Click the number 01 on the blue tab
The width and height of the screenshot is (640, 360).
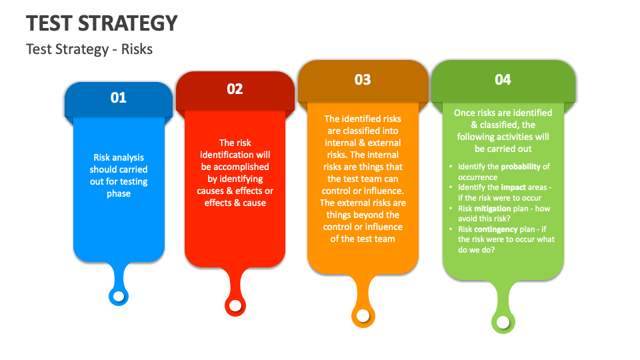[x=118, y=97]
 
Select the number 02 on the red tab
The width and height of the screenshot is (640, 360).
[x=235, y=89]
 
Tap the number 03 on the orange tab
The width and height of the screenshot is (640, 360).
[x=363, y=80]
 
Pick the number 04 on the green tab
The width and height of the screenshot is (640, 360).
[x=503, y=80]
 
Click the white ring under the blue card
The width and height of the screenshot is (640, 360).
[x=119, y=295]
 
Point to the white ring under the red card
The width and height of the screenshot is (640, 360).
[x=235, y=305]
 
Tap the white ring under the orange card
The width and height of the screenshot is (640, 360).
[x=363, y=315]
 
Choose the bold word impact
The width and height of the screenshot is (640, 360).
[x=513, y=188]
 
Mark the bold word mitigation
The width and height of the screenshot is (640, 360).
[x=493, y=209]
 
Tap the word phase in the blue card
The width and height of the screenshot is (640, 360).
[x=119, y=194]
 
